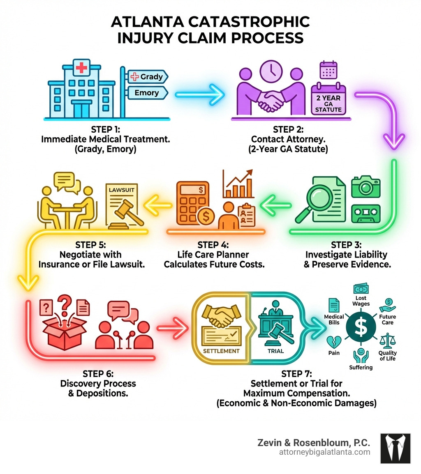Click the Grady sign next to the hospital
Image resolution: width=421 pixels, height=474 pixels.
coord(147,77)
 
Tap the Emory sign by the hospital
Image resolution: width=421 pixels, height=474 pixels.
coord(147,93)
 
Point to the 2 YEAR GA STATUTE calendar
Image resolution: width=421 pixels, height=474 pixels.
coord(328,99)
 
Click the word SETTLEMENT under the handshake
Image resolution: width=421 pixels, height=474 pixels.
coord(221,351)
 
